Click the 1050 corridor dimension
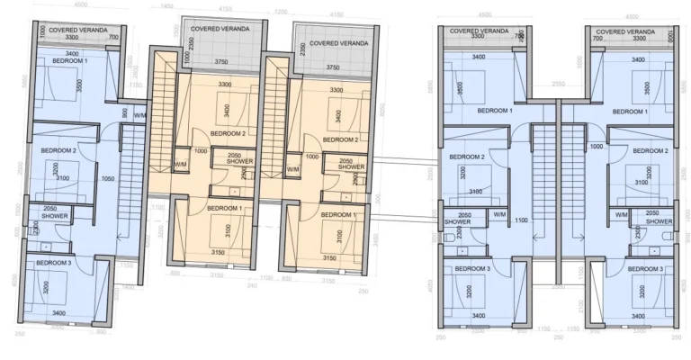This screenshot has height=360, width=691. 109,178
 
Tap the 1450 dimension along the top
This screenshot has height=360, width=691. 167,6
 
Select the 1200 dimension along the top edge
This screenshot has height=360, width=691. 282,12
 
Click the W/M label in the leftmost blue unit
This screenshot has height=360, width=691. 139,115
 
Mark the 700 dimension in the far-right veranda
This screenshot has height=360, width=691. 597,39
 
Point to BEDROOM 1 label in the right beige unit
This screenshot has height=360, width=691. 339,215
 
